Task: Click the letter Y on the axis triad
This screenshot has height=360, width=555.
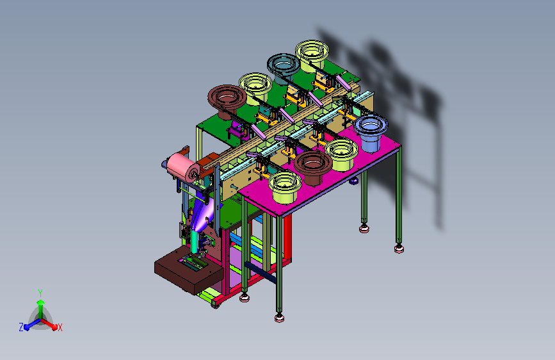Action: tap(40, 293)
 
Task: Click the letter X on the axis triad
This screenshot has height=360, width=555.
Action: tap(60, 327)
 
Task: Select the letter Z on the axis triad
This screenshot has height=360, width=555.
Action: tap(21, 327)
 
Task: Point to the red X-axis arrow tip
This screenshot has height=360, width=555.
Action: tap(54, 326)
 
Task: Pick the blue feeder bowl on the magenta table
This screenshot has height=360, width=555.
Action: tap(370, 133)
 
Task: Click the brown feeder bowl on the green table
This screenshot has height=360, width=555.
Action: tap(227, 101)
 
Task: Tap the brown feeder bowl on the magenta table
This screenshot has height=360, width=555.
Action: tap(313, 167)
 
